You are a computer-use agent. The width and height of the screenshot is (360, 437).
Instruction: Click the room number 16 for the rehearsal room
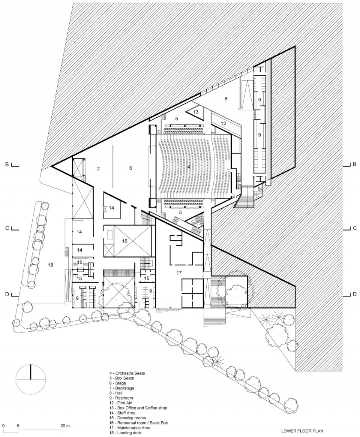(x=124, y=241)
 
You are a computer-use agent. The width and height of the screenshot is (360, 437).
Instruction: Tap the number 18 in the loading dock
(x=51, y=265)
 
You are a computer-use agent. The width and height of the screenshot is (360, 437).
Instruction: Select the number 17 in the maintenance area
(x=179, y=273)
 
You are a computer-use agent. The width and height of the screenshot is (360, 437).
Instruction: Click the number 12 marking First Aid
(x=223, y=123)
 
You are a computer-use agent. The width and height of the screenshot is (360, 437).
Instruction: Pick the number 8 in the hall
(x=226, y=98)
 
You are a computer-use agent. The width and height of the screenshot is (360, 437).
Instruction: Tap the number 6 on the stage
(x=130, y=168)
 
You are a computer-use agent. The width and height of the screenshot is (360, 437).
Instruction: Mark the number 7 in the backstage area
(x=98, y=169)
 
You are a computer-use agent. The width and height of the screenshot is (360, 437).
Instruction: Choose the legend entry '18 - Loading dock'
(x=125, y=433)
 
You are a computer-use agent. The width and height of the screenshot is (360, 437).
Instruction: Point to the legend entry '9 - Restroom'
(x=121, y=398)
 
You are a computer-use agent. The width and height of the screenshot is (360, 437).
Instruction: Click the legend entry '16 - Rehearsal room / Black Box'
(x=138, y=423)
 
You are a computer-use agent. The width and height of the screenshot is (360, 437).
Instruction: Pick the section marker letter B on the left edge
(x=7, y=165)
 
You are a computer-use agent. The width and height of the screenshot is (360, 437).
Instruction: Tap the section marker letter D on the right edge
(x=355, y=294)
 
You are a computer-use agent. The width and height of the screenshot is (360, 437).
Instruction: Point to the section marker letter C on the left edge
(x=7, y=228)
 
